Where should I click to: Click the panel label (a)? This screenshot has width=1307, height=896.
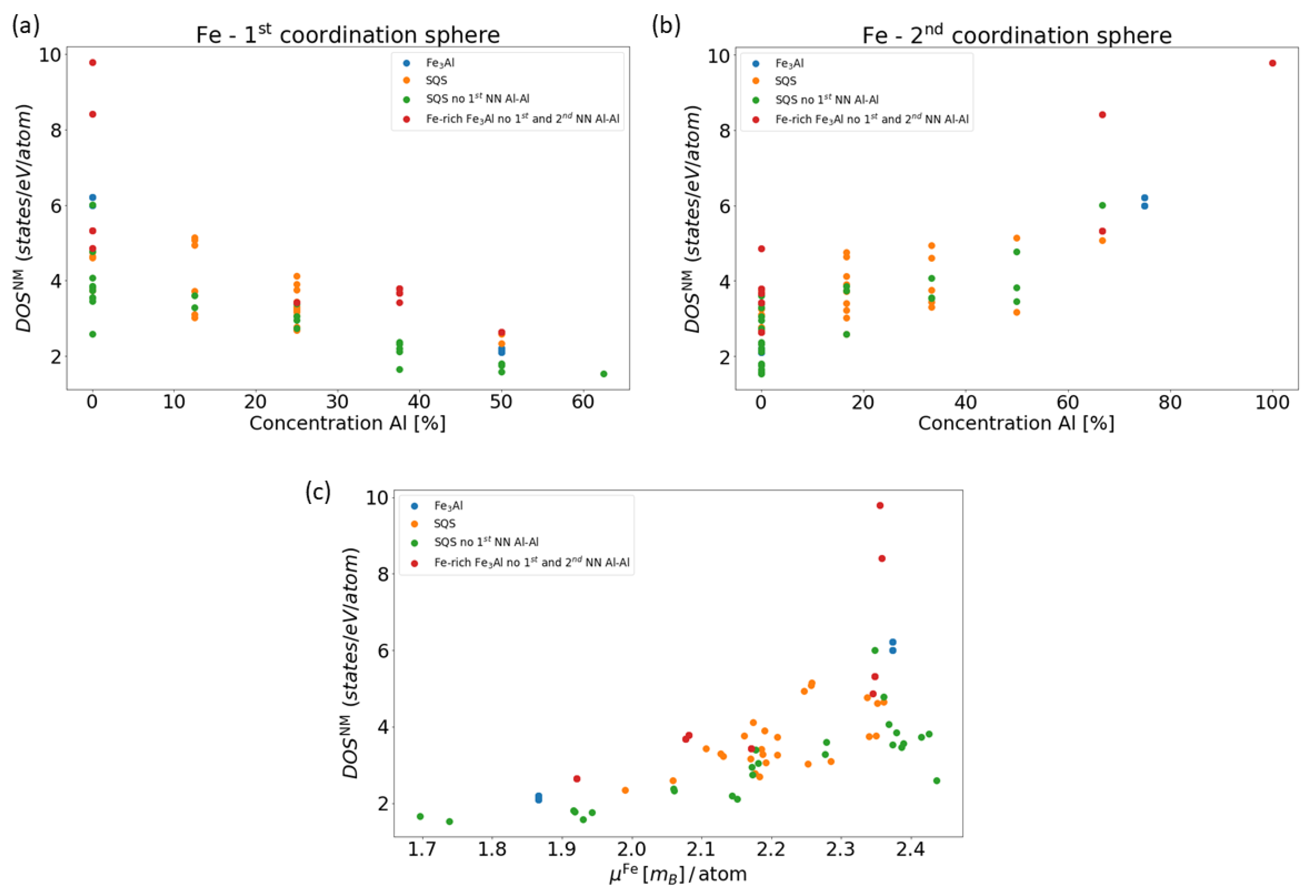(26, 26)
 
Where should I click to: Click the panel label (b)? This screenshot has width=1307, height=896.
(666, 26)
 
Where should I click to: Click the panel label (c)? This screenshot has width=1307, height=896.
(318, 492)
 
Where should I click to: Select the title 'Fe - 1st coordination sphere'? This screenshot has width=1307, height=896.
(348, 35)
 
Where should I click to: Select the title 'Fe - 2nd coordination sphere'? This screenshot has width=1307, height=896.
(1017, 35)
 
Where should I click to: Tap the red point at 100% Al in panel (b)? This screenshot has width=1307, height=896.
(1273, 63)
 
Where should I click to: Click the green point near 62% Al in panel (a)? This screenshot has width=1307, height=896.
(603, 374)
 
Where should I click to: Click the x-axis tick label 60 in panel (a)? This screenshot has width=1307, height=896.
(583, 402)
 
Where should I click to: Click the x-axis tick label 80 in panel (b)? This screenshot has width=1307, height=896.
(1170, 402)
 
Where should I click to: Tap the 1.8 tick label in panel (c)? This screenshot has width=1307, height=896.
(492, 849)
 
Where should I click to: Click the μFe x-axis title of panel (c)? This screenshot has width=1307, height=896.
(678, 874)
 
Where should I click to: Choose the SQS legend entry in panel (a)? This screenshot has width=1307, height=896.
(436, 80)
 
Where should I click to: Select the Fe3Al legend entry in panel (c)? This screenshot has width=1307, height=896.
(448, 505)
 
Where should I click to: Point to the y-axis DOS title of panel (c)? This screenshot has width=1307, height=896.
(351, 663)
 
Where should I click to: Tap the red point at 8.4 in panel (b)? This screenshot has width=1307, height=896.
(1102, 115)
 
